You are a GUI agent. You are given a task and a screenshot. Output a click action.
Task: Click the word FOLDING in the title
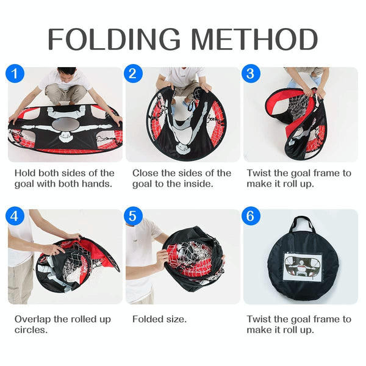114,39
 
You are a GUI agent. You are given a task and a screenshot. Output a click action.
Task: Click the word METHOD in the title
254,39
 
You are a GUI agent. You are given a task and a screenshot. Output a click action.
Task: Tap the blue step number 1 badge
15,73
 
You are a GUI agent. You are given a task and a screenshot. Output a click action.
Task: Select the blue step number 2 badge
133,73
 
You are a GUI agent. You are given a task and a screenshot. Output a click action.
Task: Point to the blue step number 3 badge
251,73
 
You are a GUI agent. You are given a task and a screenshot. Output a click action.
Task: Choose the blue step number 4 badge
15,216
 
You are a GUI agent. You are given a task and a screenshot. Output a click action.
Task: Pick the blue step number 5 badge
133,216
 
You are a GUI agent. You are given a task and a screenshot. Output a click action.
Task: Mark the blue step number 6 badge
251,216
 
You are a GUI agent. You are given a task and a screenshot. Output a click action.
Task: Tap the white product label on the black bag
303,267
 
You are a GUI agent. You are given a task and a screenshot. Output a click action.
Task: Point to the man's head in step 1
66,74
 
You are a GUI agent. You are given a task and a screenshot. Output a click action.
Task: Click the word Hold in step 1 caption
25,173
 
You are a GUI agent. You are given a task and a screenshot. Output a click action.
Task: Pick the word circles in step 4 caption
31,330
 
